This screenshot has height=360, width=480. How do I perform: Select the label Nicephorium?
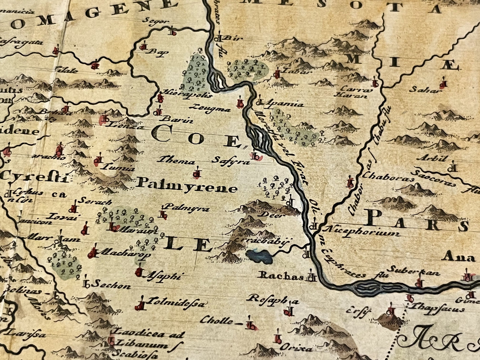tap(362, 231)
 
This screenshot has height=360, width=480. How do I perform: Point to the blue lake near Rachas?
tap(259, 256)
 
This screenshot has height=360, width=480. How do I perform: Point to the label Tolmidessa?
tap(176, 303)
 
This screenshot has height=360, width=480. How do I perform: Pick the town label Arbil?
tap(436, 158)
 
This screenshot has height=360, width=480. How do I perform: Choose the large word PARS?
tap(417, 222)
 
